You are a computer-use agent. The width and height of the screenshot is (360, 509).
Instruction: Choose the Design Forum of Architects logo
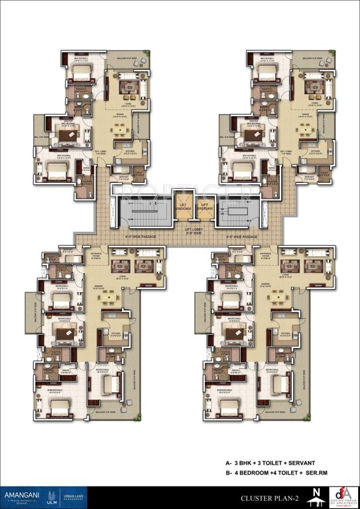pyautogui.click(x=339, y=494)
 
